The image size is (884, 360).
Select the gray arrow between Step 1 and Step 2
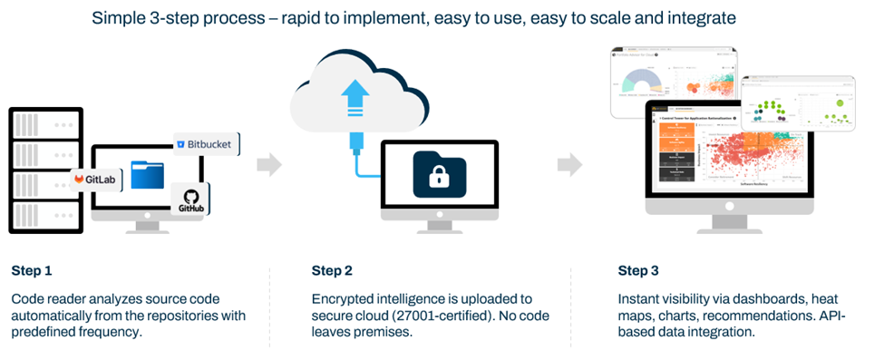[x=269, y=164]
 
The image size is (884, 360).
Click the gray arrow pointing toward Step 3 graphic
[x=569, y=164]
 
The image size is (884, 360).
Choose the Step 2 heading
[x=332, y=270]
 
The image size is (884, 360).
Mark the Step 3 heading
[x=638, y=270]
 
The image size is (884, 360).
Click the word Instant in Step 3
[x=640, y=298]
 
